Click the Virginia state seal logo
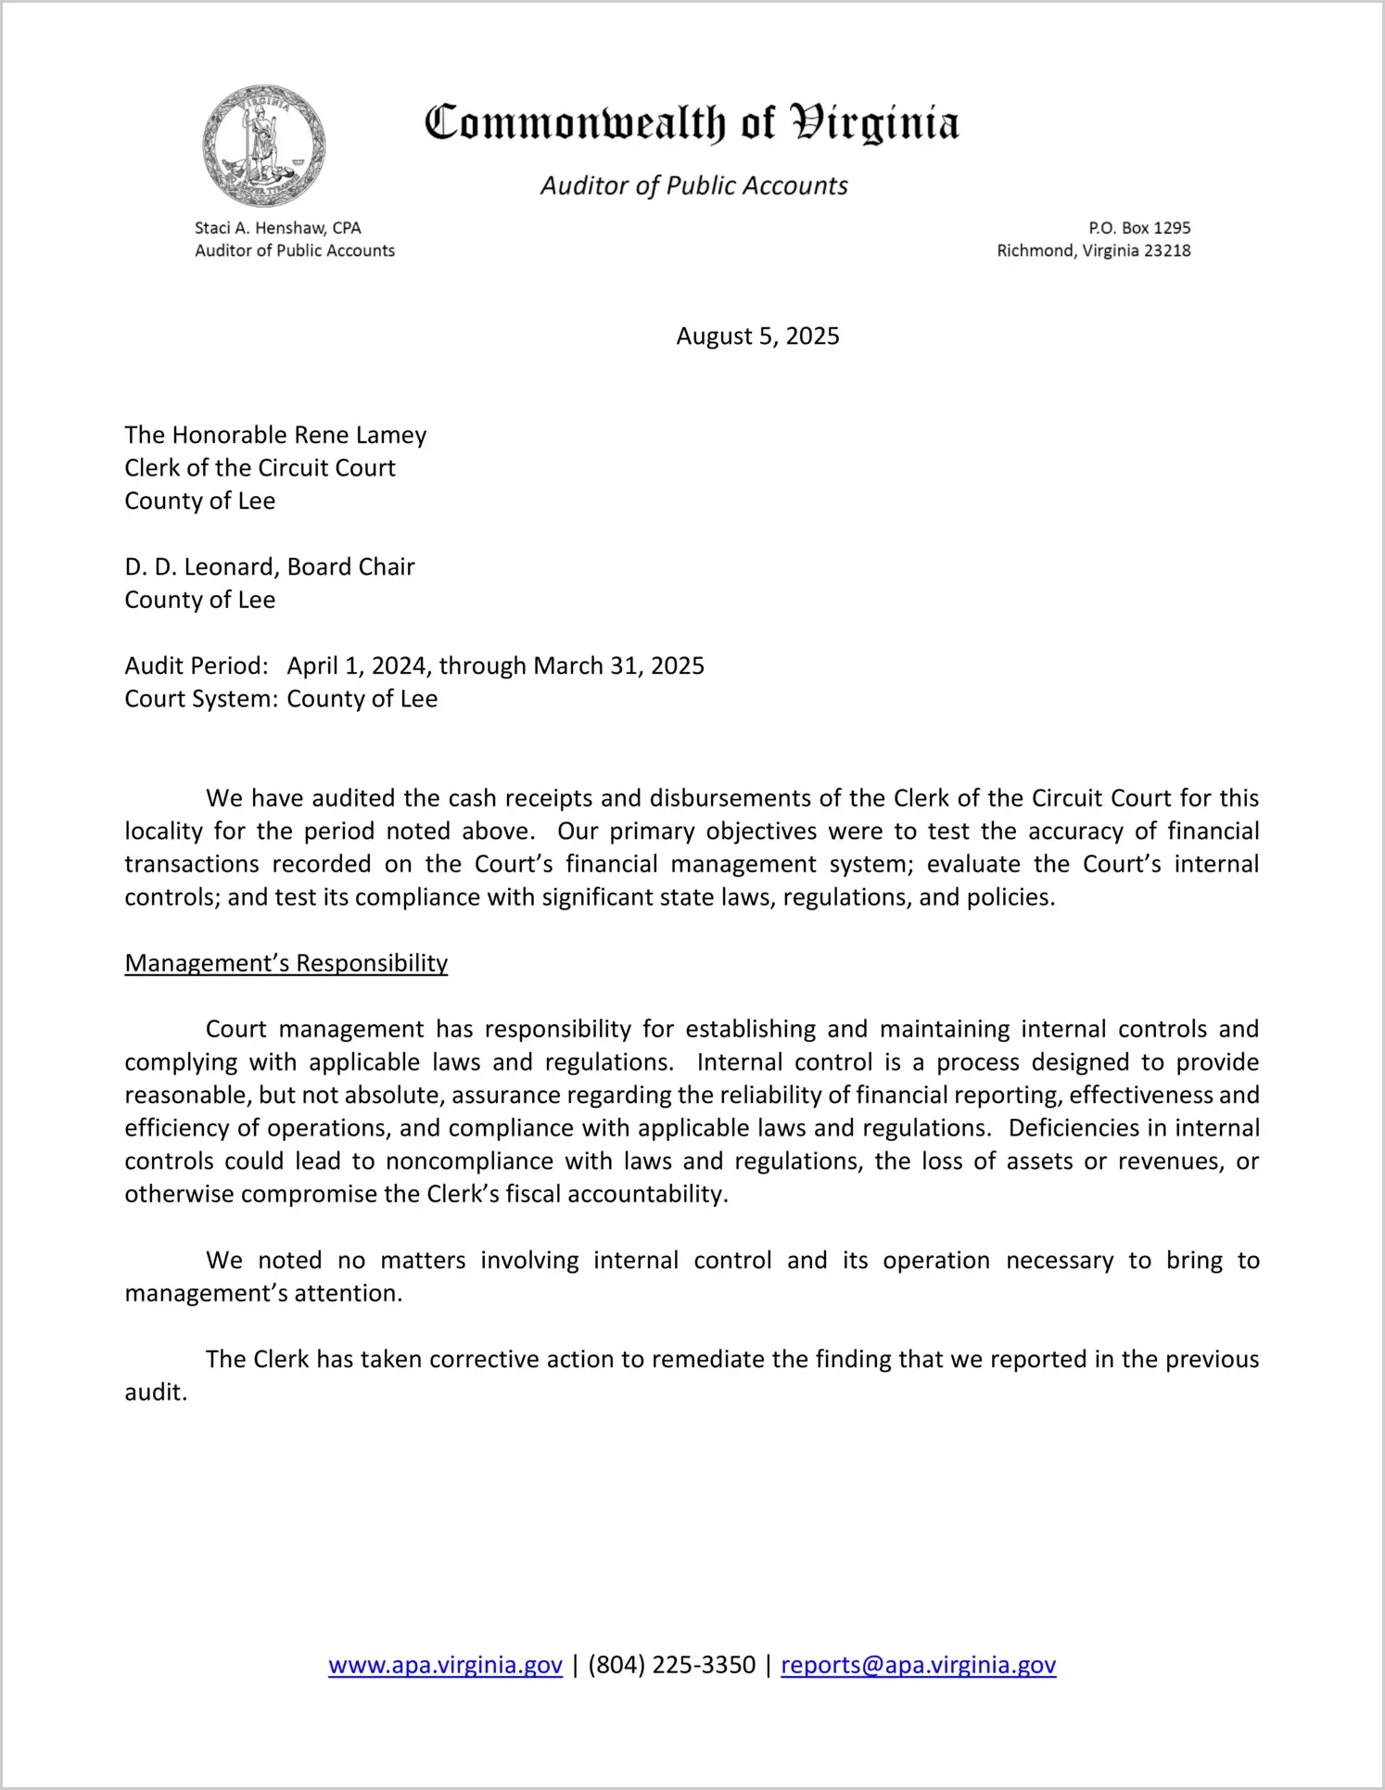pos(264,146)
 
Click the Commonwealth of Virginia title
pos(692,123)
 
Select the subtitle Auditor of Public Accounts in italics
pos(693,186)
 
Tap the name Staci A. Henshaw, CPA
pos(277,228)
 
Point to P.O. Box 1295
pos(1139,228)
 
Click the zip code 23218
pos(1167,251)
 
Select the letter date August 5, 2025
pos(757,336)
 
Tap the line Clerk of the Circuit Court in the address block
pos(260,468)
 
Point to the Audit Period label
pos(197,666)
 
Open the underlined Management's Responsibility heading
pos(286,964)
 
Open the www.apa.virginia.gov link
pos(445,1666)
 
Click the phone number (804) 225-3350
pos(671,1666)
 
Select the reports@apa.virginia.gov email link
pos(918,1666)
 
